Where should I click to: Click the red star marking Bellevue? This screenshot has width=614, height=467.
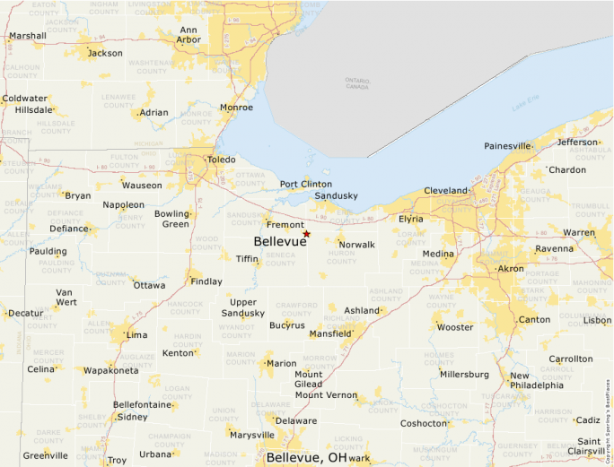click(306, 234)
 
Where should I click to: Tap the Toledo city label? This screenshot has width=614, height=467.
click(221, 160)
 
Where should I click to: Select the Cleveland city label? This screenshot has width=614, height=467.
click(446, 191)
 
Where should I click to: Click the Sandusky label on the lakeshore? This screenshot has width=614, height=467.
click(337, 195)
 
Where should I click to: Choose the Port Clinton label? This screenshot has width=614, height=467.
click(305, 184)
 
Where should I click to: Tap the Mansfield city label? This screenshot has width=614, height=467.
click(329, 333)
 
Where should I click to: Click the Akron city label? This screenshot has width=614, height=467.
click(511, 268)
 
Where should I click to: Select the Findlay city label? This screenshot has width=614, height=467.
click(206, 281)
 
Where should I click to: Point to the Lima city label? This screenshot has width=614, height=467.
click(136, 334)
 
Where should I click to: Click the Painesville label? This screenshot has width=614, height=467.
click(507, 146)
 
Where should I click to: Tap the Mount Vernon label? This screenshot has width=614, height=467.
click(326, 395)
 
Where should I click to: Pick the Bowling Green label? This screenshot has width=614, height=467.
click(171, 219)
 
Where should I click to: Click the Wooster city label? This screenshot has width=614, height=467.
click(455, 327)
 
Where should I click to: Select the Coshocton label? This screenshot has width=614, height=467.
click(423, 423)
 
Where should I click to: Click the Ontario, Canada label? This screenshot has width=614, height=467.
click(357, 83)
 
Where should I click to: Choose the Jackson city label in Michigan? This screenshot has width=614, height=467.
click(105, 53)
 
